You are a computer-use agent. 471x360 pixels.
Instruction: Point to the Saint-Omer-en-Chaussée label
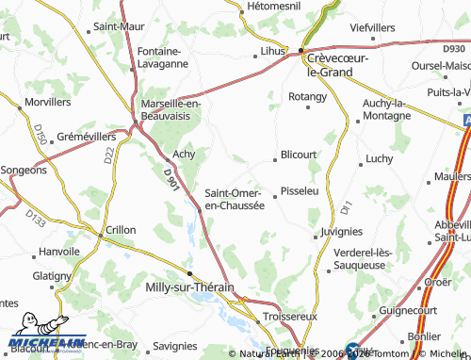click(x=235, y=199)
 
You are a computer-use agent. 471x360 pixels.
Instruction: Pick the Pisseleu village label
click(x=300, y=189)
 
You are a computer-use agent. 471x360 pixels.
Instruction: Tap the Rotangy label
click(x=307, y=96)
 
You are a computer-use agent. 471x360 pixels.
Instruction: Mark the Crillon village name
click(x=122, y=230)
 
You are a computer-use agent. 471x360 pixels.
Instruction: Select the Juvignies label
click(x=341, y=230)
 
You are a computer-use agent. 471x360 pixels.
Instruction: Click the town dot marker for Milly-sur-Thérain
click(x=190, y=271)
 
